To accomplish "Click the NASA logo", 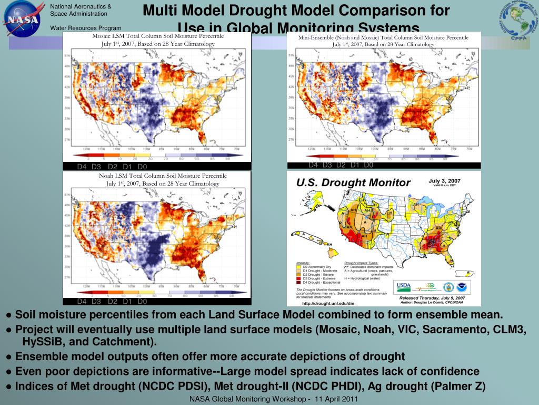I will point(22,18).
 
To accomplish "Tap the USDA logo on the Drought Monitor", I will point(404,286).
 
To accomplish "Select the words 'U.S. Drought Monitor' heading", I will point(353,182).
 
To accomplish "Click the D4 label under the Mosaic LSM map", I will point(82,167).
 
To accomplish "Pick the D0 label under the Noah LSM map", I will point(142,302).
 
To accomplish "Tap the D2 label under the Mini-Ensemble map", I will point(341,165).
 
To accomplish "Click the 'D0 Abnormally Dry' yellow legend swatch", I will point(299,267).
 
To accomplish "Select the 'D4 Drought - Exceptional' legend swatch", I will point(299,282).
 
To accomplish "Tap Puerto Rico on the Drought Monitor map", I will point(466,273).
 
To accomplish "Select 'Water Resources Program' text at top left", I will point(85,28).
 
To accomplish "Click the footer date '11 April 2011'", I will point(336,399).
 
